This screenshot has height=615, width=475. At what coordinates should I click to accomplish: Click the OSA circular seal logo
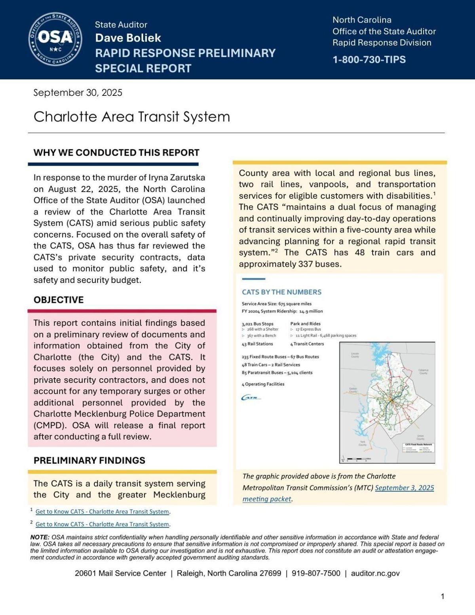click(x=55, y=38)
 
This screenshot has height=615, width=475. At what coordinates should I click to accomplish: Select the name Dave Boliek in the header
click(x=128, y=38)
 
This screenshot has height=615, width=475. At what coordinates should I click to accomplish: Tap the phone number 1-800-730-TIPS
click(x=369, y=60)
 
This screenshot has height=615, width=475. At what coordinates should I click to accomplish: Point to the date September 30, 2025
click(x=78, y=93)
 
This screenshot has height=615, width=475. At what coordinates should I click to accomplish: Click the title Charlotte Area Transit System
click(x=131, y=117)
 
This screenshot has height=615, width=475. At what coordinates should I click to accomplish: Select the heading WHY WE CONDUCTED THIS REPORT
click(x=116, y=153)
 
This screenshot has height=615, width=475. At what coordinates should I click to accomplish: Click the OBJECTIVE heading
click(x=59, y=300)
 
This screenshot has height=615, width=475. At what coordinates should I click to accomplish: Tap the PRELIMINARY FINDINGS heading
click(x=89, y=460)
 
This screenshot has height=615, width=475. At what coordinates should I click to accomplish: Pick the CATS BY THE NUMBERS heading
click(x=281, y=292)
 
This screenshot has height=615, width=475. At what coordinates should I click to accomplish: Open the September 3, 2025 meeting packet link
click(x=404, y=488)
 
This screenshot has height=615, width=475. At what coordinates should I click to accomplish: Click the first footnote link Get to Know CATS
click(x=102, y=512)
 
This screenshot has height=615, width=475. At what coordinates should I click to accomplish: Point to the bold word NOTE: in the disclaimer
click(x=40, y=537)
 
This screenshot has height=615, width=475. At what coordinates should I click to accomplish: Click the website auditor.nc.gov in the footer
click(x=375, y=573)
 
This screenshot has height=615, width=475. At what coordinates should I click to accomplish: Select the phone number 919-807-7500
click(x=316, y=573)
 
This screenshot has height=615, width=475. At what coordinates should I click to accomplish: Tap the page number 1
click(x=442, y=596)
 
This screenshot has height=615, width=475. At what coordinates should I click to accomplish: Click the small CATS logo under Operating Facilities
click(x=251, y=398)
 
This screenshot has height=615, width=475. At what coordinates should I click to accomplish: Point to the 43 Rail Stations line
click(x=257, y=344)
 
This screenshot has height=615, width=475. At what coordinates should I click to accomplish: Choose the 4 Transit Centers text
click(x=307, y=344)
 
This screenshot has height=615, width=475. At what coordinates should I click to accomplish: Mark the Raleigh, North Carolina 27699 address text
click(x=229, y=573)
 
